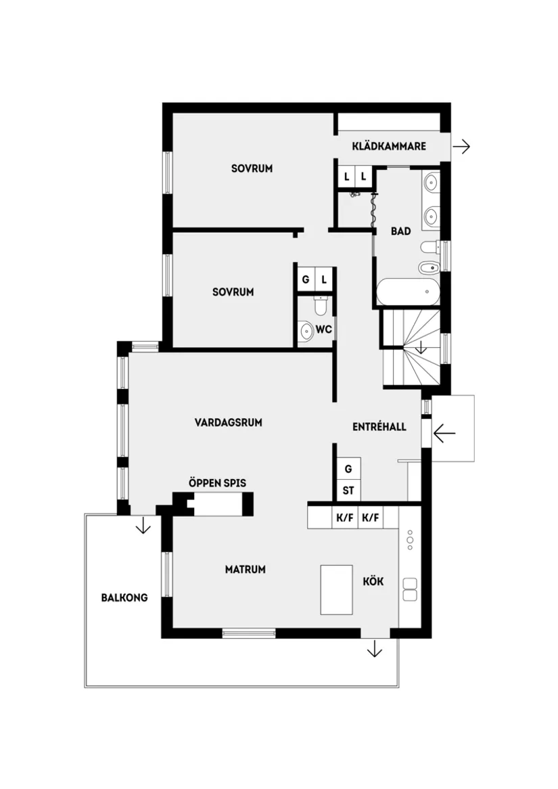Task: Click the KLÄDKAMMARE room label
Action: tap(389, 145)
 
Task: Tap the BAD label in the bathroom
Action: tap(401, 231)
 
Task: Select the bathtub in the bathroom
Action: tap(408, 292)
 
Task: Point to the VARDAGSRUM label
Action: tap(228, 422)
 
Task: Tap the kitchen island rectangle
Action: tap(337, 589)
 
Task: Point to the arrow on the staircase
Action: tap(421, 348)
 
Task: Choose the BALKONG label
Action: tap(124, 598)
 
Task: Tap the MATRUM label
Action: tap(245, 570)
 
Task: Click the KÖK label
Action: tap(373, 581)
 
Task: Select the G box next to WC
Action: tap(305, 279)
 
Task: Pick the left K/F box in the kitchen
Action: tap(345, 519)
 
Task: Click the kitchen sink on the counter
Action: tap(410, 589)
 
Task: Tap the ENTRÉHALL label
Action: tap(379, 427)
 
